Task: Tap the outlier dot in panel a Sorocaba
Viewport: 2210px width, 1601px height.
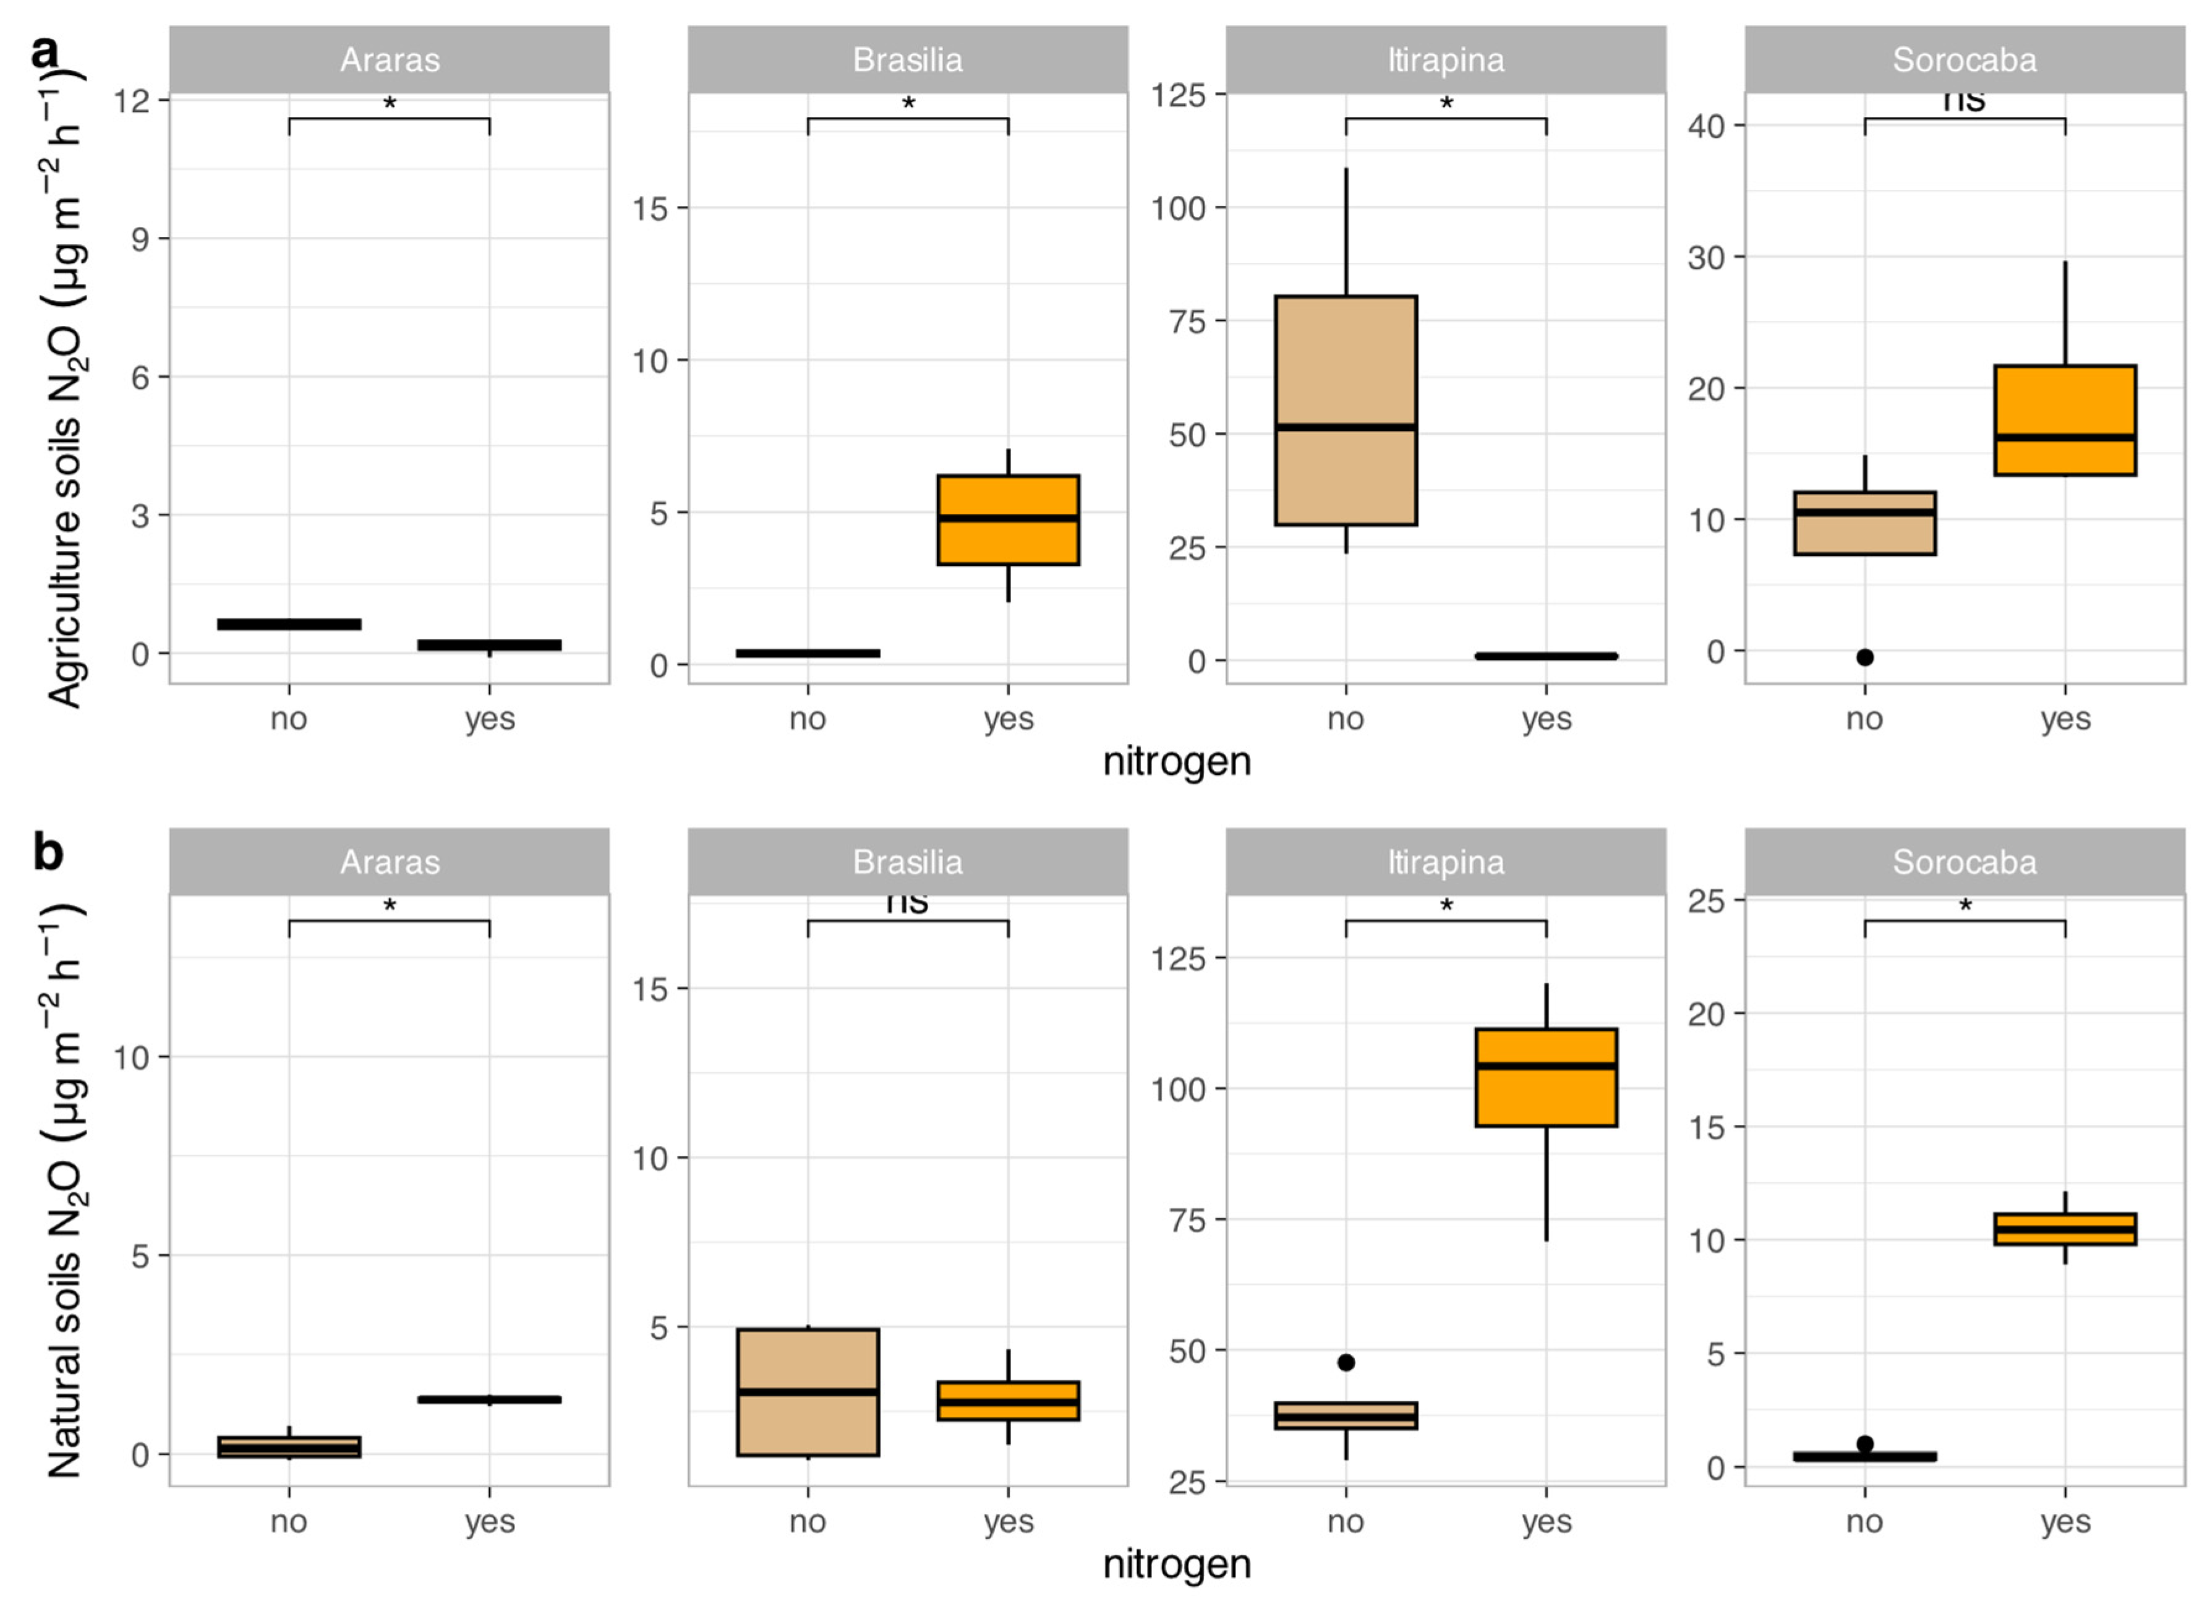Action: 1864,657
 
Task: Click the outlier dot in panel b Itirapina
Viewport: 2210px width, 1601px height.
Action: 1346,1362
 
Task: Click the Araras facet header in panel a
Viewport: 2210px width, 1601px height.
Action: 389,61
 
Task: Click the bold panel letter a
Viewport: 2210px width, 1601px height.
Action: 45,51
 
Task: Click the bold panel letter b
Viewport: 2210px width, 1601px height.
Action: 47,853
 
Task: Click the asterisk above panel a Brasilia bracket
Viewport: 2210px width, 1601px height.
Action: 908,103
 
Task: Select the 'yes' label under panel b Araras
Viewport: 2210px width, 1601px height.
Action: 489,1521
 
